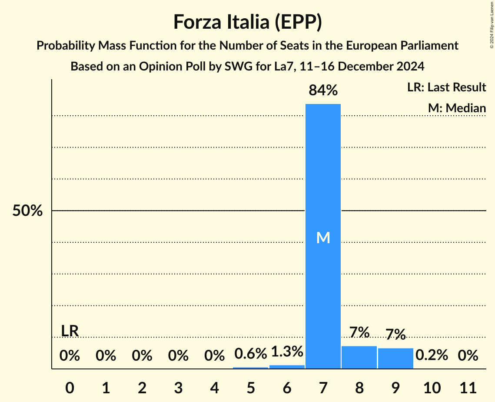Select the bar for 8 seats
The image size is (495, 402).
tap(359, 357)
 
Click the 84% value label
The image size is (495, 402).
tap(323, 91)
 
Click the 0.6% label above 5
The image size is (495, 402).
tap(250, 354)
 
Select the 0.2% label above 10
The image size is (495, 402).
tap(432, 355)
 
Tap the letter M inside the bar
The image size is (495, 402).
tap(323, 238)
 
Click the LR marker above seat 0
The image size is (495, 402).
tap(70, 331)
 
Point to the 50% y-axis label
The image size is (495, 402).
tap(27, 211)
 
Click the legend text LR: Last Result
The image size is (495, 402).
tap(446, 87)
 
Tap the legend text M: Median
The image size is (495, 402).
tap(457, 108)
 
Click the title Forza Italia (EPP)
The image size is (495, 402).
tap(247, 22)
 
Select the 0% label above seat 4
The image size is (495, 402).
tap(214, 356)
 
